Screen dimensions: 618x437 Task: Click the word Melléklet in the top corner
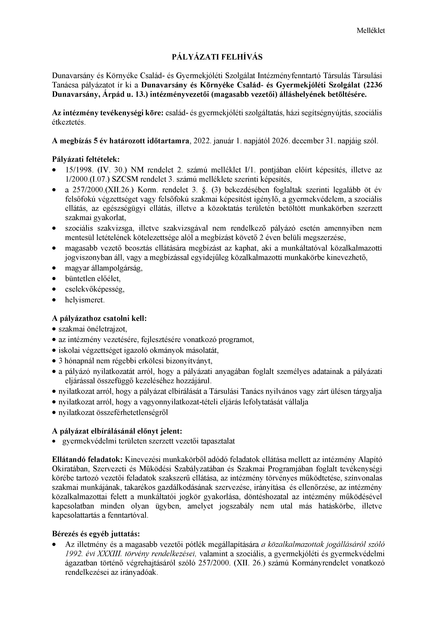click(x=371, y=31)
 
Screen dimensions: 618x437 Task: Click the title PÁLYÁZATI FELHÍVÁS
click(x=217, y=57)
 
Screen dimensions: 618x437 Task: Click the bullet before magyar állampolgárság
click(x=55, y=268)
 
